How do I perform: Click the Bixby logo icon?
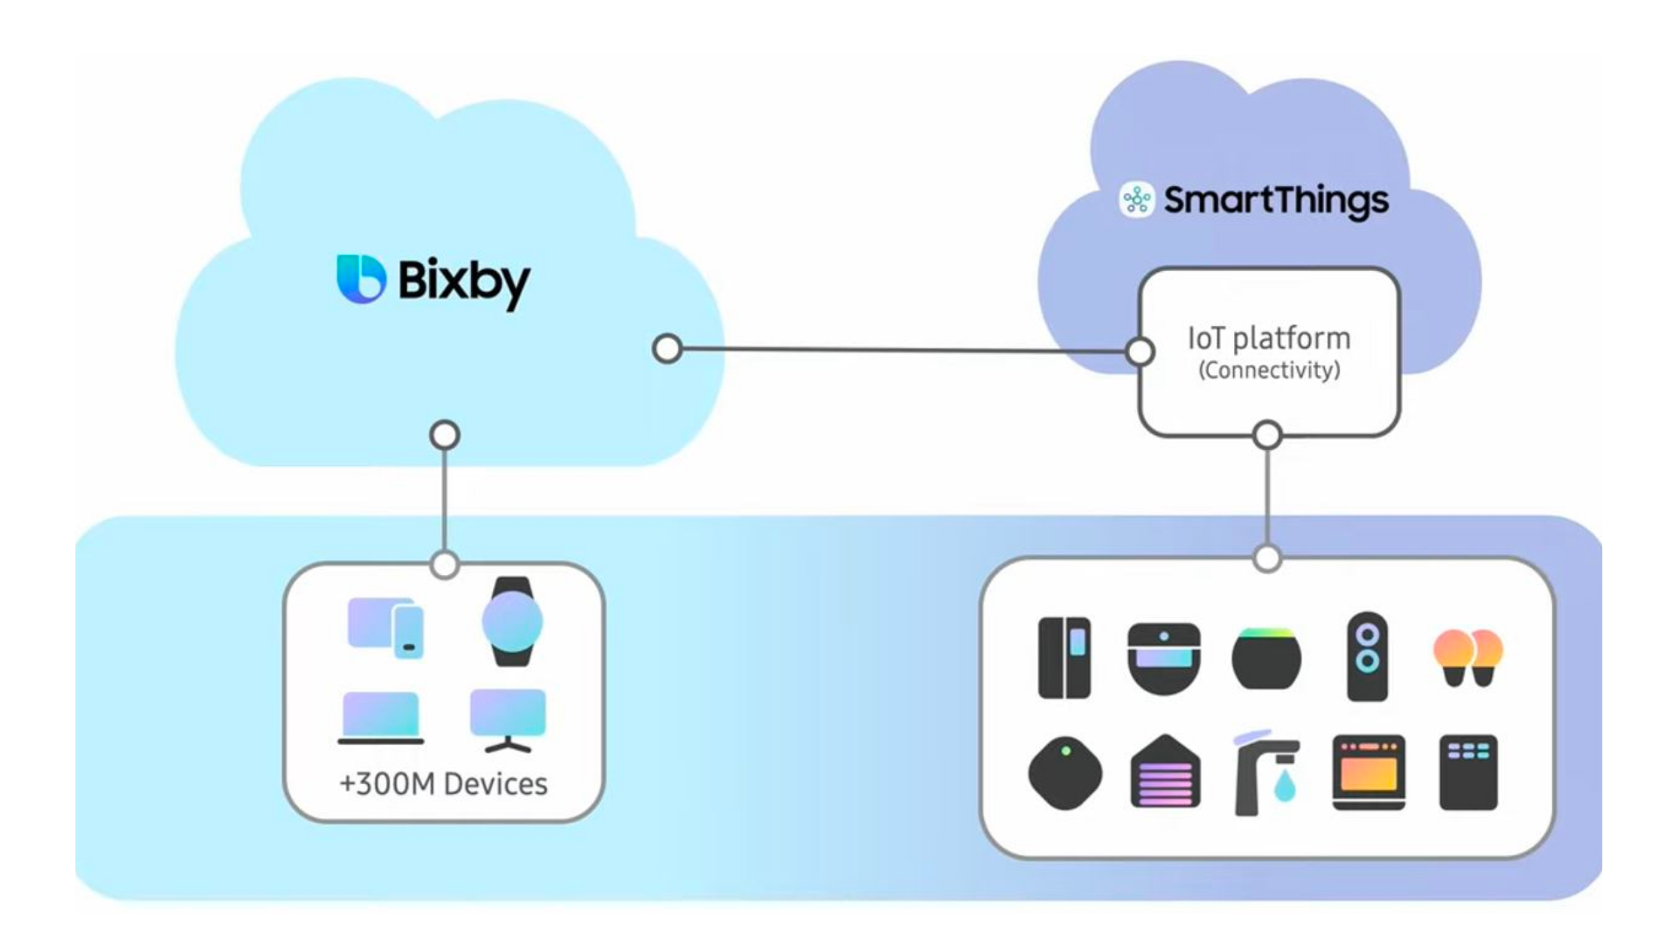pos(361,279)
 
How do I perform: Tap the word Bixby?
pos(464,281)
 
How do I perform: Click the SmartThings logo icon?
pos(1137,200)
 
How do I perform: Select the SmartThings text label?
pos(1276,200)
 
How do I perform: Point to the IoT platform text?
pos(1269,338)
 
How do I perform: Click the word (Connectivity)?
pos(1269,371)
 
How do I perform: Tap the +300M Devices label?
pos(443,784)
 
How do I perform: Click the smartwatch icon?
pos(512,621)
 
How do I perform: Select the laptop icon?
pos(380,717)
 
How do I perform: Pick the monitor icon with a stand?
pos(508,718)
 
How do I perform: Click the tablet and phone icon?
pos(385,627)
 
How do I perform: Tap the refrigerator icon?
pos(1064,657)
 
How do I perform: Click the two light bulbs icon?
pos(1467,657)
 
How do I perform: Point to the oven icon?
pos(1369,773)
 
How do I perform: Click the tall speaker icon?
pos(1367,656)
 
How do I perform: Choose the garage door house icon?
pos(1165,772)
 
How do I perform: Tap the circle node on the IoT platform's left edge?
pos(1140,351)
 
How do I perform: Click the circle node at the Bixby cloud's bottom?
pos(445,434)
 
